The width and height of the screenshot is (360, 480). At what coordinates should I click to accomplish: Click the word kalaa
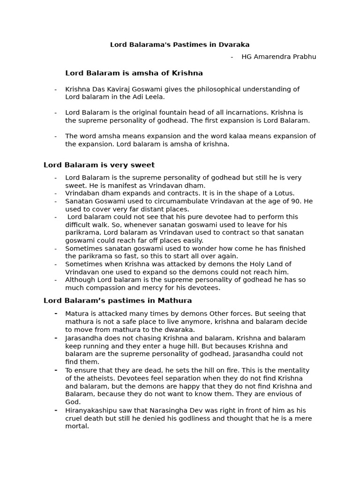point(229,136)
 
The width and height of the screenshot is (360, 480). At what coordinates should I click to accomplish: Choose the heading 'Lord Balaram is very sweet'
point(99,165)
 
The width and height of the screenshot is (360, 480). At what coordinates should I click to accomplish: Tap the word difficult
point(77,225)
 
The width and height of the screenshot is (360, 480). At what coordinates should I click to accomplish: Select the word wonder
point(185,248)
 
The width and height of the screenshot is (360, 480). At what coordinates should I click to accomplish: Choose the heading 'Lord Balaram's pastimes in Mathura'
point(118,300)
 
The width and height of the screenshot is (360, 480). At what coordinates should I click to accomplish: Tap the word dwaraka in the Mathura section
point(179,330)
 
